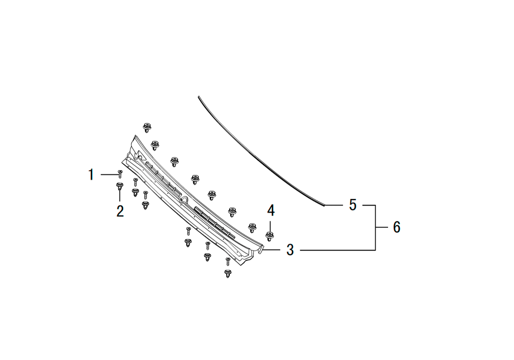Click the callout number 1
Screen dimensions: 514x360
(x=91, y=174)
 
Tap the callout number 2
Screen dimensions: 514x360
(x=120, y=211)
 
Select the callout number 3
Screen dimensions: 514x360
(x=290, y=250)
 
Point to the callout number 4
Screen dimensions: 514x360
(x=271, y=210)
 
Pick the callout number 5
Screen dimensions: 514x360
(x=353, y=205)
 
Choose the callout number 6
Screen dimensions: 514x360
(x=397, y=227)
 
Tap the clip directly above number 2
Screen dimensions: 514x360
(x=120, y=186)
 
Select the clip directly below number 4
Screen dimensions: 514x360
(x=269, y=236)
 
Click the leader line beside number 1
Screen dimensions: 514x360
(x=109, y=174)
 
